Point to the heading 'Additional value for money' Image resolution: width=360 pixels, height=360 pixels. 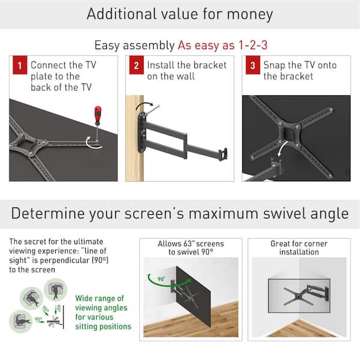point(180,14)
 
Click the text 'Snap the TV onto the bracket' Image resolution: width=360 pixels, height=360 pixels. point(300,70)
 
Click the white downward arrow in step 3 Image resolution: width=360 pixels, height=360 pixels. point(281,147)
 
